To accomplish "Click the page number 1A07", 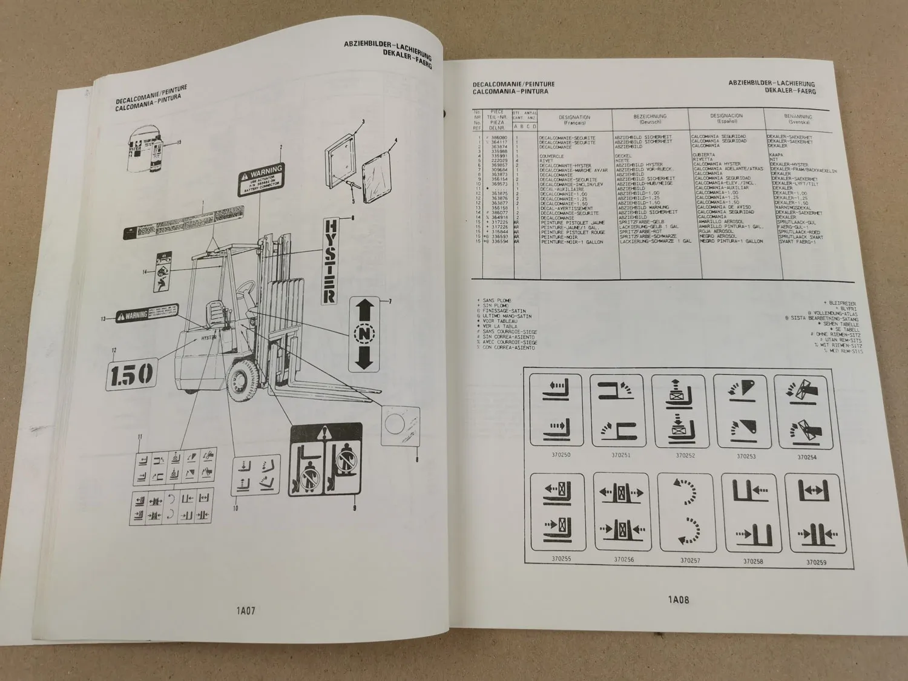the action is click(246, 611).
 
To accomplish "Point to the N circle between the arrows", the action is click(364, 334).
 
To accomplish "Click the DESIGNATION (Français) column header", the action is click(574, 119).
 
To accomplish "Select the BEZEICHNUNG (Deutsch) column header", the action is click(650, 118).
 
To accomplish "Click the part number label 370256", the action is click(623, 559).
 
